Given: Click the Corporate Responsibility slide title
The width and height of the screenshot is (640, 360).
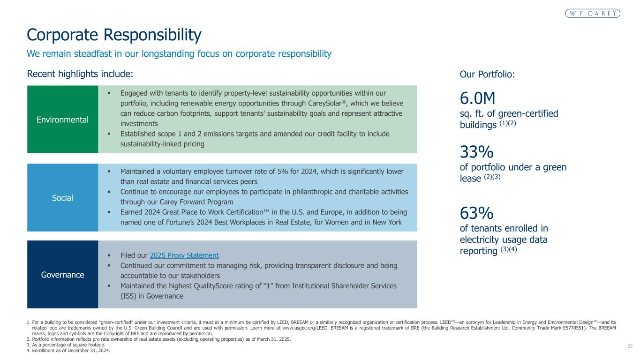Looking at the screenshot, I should (x=114, y=35).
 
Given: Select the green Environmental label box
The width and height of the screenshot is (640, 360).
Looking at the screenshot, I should (x=62, y=120).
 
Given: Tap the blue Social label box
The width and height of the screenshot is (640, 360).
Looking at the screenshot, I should (x=62, y=198).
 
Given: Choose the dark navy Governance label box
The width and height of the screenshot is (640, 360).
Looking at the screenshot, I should (x=62, y=275).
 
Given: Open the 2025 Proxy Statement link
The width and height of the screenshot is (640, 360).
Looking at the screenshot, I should (x=184, y=255).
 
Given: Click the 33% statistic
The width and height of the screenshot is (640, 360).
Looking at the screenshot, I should (x=476, y=152).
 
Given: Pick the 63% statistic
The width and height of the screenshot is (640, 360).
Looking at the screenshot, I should (x=476, y=214).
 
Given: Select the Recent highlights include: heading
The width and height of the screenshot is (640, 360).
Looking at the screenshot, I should (x=80, y=74).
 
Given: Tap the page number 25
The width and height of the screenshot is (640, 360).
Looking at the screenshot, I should (x=630, y=346).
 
